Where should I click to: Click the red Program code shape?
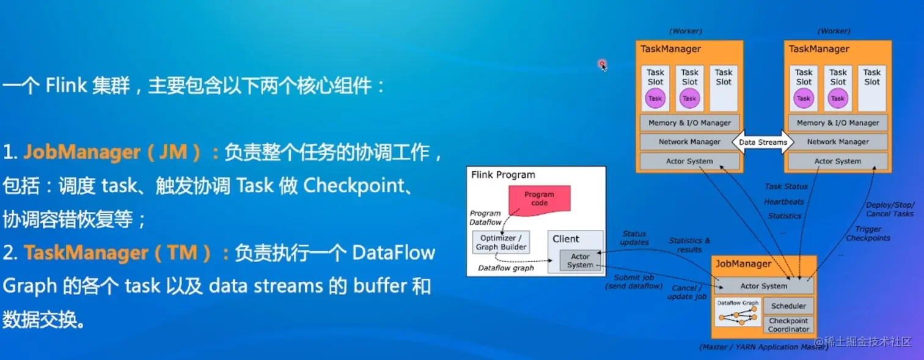pos(539,199)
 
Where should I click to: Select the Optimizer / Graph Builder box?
pos(501,243)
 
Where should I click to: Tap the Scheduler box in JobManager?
pos(788,306)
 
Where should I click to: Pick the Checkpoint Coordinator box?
pos(788,325)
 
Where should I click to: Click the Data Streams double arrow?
pos(763,142)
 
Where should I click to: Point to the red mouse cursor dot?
pos(603,64)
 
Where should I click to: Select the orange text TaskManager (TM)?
pos(117,252)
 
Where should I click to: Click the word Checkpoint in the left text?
pos(354,186)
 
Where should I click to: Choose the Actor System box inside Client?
pos(579,260)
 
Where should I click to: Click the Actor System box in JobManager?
pos(763,286)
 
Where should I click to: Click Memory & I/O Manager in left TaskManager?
pos(689,123)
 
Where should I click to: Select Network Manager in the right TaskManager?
pos(838,142)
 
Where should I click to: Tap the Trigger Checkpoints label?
pos(868,233)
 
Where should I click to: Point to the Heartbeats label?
pos(783,202)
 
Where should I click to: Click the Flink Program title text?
pos(503,175)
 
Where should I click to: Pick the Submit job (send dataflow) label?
pos(634,282)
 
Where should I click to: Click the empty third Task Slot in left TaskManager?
pos(723,88)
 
